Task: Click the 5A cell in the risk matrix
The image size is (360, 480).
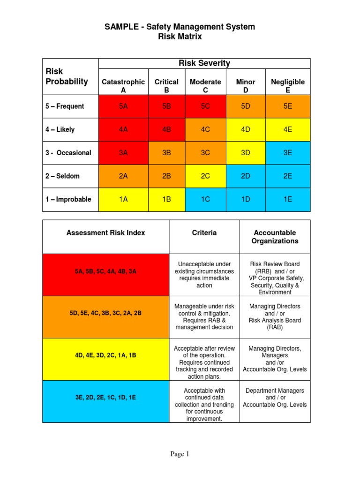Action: (x=123, y=106)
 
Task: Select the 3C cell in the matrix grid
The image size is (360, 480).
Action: (x=205, y=153)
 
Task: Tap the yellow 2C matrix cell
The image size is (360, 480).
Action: (x=205, y=176)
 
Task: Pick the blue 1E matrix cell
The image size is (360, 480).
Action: (x=288, y=199)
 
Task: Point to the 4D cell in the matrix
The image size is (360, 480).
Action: (x=246, y=129)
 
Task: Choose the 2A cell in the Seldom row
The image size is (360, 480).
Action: (x=123, y=176)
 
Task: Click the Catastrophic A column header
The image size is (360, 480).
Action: (x=123, y=86)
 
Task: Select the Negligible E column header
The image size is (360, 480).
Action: (x=288, y=86)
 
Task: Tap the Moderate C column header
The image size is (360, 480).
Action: (x=205, y=86)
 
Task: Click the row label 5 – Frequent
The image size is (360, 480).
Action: (x=65, y=106)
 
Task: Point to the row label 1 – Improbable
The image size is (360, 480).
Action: (x=68, y=199)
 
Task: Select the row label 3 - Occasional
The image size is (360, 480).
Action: (x=68, y=153)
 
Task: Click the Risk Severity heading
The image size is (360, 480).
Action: (x=204, y=63)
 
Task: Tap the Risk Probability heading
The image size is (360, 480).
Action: (x=67, y=77)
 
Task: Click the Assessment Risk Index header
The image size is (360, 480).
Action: (x=105, y=232)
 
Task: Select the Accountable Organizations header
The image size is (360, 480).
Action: (x=275, y=237)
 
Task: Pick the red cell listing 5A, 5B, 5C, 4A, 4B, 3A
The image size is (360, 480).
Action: (x=105, y=271)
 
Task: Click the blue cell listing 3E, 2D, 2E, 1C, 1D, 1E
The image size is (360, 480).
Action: (x=105, y=397)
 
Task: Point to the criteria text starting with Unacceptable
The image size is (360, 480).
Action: (x=204, y=275)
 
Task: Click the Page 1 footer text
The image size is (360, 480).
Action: (x=180, y=454)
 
